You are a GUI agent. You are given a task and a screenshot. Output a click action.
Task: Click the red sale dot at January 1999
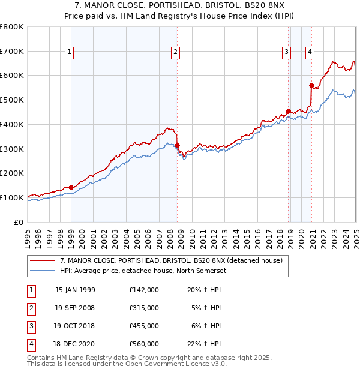tap(71, 187)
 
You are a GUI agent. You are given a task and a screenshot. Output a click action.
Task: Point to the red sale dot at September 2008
tap(178, 145)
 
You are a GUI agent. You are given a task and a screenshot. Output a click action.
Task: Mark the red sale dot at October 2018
tap(288, 111)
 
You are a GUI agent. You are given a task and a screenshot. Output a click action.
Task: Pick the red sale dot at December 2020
tap(311, 85)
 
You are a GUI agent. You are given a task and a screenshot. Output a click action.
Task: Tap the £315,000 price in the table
tap(144, 308)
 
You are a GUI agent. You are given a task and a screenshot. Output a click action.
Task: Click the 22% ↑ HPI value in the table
tap(204, 344)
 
